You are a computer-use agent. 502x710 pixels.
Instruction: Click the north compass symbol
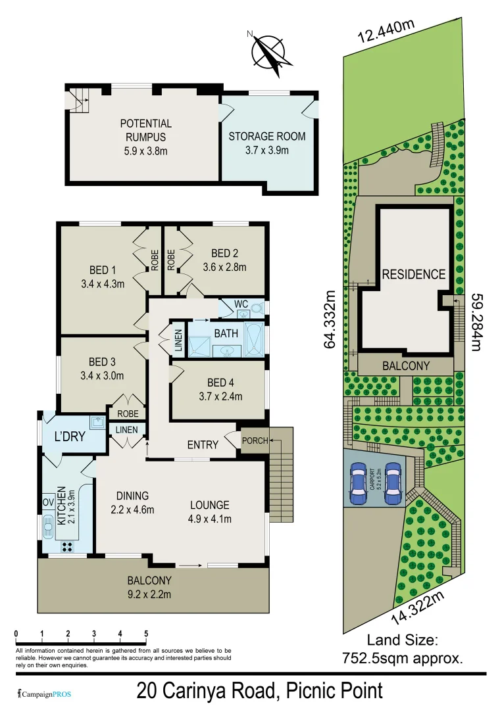point(270,51)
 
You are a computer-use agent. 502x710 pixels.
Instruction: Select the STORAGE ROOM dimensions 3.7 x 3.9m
point(266,150)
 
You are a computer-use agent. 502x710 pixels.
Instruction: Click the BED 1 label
point(102,270)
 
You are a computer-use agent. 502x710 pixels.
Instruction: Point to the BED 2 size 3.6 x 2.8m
point(224,267)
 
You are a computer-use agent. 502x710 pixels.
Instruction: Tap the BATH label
point(226,333)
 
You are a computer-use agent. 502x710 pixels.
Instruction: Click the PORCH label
point(255,440)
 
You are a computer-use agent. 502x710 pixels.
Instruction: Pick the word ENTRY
point(203,445)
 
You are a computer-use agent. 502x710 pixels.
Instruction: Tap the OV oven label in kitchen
point(48,502)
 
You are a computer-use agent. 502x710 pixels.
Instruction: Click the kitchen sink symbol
point(49,527)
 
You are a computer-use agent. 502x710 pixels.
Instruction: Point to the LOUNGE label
point(210,505)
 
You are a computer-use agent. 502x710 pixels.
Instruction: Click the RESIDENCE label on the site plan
point(414,274)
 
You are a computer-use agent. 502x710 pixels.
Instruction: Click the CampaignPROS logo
point(44,693)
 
